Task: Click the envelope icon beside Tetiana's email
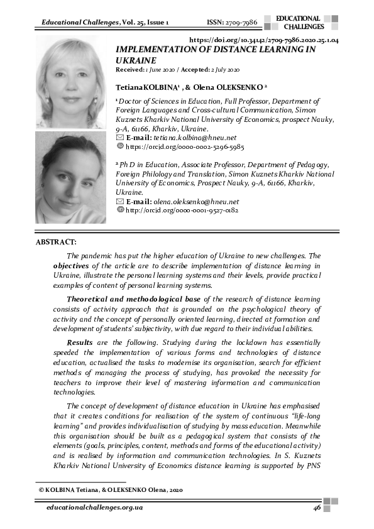pos(121,137)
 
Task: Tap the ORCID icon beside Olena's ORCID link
pos(121,210)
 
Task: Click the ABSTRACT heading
pos(56,242)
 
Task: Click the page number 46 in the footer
pos(317,508)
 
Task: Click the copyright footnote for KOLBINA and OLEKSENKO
pos(110,489)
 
